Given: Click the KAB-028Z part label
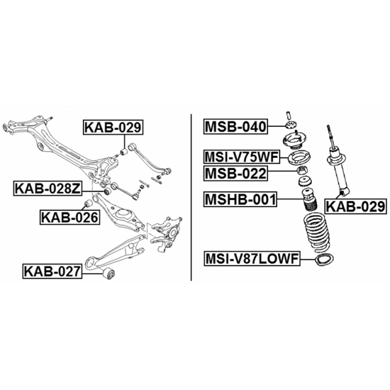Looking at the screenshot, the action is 47,189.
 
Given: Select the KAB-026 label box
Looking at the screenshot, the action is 70,217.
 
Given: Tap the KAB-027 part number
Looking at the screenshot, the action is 52,271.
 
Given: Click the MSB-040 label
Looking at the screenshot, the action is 235,127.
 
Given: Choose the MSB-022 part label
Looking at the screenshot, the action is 235,174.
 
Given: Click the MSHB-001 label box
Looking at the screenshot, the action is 240,199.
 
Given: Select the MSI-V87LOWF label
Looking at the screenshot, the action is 252,259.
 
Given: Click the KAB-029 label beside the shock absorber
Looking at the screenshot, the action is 356,206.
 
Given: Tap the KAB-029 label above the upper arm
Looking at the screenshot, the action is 113,127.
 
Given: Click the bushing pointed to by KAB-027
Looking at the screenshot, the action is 109,273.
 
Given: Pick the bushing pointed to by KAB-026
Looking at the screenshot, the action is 88,204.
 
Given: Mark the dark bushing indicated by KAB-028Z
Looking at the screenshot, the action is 107,192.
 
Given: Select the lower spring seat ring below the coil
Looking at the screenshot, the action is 324,260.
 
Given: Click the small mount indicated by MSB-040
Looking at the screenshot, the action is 291,125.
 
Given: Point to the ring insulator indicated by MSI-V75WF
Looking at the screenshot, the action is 299,157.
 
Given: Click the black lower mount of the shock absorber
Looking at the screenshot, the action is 342,192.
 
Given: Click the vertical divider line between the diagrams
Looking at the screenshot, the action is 191,197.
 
